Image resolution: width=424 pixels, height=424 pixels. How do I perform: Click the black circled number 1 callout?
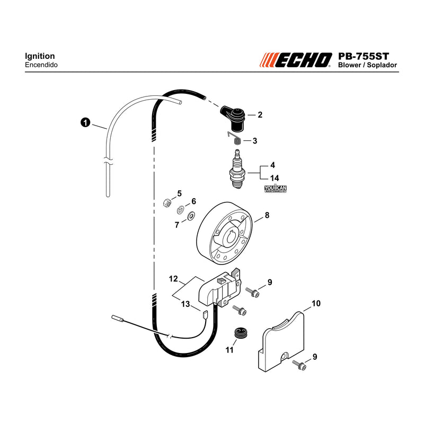click(85, 122)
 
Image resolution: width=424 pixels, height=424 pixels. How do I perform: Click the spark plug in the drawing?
click(237, 169)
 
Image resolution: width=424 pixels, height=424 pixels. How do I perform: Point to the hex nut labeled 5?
click(167, 202)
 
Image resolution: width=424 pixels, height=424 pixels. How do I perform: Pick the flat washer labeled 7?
click(191, 216)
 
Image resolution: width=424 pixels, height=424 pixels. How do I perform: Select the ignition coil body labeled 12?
click(219, 288)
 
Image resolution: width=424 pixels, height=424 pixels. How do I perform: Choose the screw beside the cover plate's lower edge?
click(299, 365)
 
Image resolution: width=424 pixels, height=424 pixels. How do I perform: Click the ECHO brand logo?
click(296, 60)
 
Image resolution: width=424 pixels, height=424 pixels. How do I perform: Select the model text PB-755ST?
click(364, 56)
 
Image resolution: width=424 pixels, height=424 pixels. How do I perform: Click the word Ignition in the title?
click(40, 56)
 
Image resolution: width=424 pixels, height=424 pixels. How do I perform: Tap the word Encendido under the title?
click(41, 65)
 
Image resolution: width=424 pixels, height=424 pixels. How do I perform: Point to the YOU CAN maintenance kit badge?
click(275, 188)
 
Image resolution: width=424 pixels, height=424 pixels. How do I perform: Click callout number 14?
click(275, 178)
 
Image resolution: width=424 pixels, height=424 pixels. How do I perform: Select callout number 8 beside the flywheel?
click(267, 215)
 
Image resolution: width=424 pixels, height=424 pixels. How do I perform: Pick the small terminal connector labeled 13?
click(205, 314)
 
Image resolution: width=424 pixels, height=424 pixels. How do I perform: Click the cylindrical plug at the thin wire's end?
click(118, 319)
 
